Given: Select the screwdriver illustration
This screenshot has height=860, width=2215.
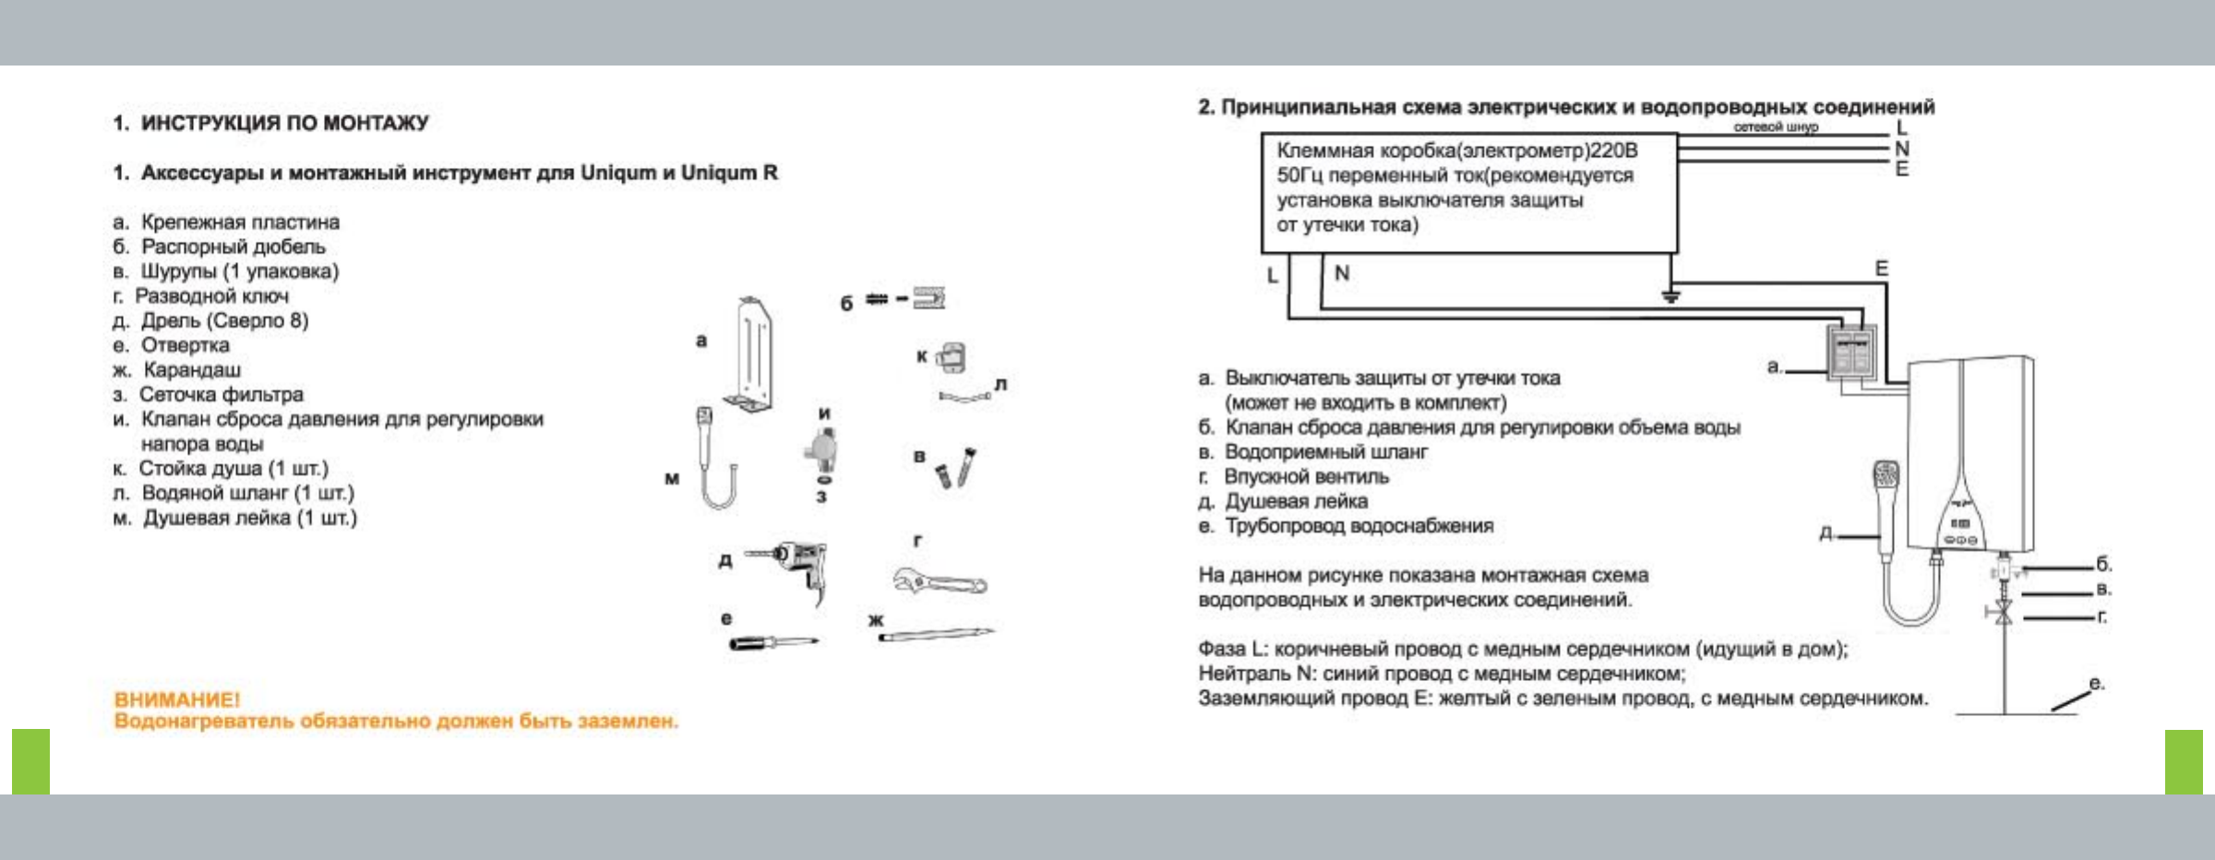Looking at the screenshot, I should [x=772, y=641].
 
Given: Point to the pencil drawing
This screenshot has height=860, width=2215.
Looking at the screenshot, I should [x=935, y=633].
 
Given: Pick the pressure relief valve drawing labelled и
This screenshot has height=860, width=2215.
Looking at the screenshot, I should [x=820, y=451].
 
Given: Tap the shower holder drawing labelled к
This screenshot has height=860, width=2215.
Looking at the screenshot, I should [x=952, y=357].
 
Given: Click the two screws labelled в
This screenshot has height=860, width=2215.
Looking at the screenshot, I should [x=954, y=468].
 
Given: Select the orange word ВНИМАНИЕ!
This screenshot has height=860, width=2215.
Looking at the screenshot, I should [x=176, y=699].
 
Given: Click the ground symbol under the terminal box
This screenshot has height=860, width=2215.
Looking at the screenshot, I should [x=1670, y=296].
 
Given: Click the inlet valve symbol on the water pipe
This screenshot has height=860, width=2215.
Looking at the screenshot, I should [x=2003, y=612].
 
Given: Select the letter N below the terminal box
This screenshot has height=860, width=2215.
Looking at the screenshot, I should [x=1342, y=273].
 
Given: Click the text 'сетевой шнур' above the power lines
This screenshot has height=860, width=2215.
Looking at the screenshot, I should [x=1775, y=126].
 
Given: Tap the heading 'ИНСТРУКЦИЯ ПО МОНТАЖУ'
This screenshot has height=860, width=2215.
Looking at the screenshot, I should [x=284, y=123].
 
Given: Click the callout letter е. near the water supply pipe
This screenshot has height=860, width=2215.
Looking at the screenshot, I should [x=2096, y=684].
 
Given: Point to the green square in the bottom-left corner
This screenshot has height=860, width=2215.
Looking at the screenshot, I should [x=30, y=761].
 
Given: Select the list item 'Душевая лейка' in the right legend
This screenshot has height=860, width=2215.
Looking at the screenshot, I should [x=1296, y=501].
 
